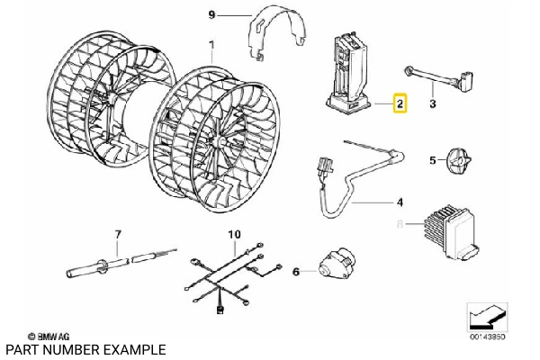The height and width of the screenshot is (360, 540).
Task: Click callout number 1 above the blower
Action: (x=211, y=44)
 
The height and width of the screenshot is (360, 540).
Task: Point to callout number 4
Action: (x=399, y=203)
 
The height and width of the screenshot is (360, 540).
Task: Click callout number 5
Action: (x=431, y=160)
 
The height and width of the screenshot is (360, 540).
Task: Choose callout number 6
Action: (x=296, y=269)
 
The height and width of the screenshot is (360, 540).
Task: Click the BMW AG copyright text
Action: (x=44, y=334)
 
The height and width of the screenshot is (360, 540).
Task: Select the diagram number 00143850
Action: (x=487, y=337)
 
